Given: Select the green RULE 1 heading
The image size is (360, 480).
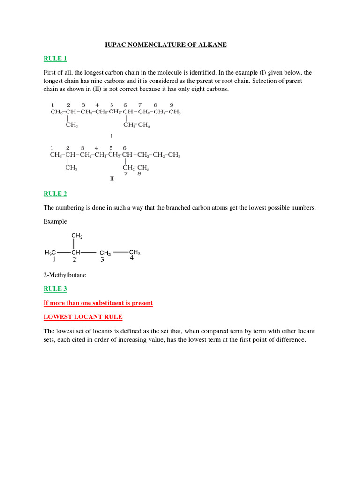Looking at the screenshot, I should (x=55, y=59).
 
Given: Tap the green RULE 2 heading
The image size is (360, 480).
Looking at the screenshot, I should (x=55, y=194).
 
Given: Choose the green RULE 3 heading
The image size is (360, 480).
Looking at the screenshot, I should (x=55, y=289).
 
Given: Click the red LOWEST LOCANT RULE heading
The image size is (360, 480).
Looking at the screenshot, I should (x=83, y=317).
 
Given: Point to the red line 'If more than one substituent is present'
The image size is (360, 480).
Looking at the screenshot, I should (x=98, y=303).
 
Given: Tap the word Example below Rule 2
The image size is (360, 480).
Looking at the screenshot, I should (x=55, y=221).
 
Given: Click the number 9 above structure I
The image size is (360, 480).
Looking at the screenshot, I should (x=172, y=105).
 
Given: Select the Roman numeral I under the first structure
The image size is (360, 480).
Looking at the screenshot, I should (x=112, y=136).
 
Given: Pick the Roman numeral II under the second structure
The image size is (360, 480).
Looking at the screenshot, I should (x=112, y=179).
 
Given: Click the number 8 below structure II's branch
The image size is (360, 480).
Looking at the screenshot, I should (x=139, y=173).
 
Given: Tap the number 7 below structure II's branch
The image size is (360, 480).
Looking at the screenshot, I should (x=126, y=173).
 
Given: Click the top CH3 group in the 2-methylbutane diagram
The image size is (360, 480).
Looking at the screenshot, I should (x=77, y=236).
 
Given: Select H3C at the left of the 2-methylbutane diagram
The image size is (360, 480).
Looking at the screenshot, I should (x=50, y=252).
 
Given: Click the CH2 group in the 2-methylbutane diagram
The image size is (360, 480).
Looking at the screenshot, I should (x=105, y=253).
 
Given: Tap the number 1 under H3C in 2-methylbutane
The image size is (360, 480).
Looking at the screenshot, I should (x=54, y=259).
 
